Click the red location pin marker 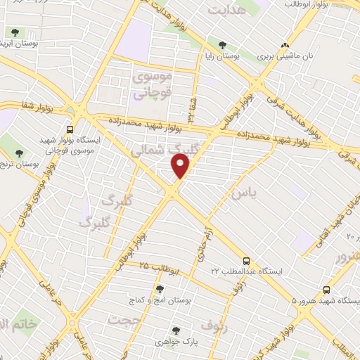(181, 165)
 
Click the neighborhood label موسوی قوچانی (151, 85)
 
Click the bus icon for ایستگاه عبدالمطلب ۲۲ (245, 259)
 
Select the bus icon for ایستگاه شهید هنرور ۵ (326, 290)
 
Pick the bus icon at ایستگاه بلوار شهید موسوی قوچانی (70, 129)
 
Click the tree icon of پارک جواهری (176, 330)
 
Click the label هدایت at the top (229, 10)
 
